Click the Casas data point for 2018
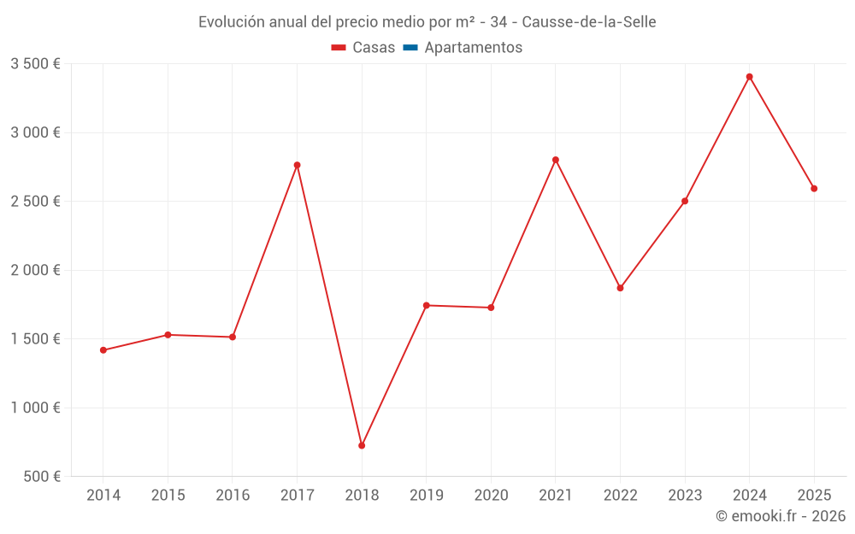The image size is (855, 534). [x=362, y=445]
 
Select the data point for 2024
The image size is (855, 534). [x=749, y=77]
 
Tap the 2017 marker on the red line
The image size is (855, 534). [x=297, y=165]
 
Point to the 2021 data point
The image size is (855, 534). [x=556, y=160]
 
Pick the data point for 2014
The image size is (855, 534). [x=103, y=350]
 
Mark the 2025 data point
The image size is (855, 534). [x=814, y=189]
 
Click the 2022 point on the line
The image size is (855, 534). [x=620, y=288]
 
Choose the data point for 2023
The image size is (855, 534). [x=685, y=201]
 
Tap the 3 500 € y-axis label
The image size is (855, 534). [x=35, y=64]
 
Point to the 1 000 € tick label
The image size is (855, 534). [x=35, y=408]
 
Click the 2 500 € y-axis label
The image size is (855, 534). [x=35, y=202]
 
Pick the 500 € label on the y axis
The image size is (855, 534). [x=40, y=477]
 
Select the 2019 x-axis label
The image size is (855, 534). [x=427, y=496]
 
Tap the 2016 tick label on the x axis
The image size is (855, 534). [x=233, y=496]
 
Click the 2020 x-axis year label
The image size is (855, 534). [x=491, y=496]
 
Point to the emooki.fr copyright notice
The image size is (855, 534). [x=780, y=516]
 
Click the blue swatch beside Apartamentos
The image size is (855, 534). [x=410, y=48]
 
